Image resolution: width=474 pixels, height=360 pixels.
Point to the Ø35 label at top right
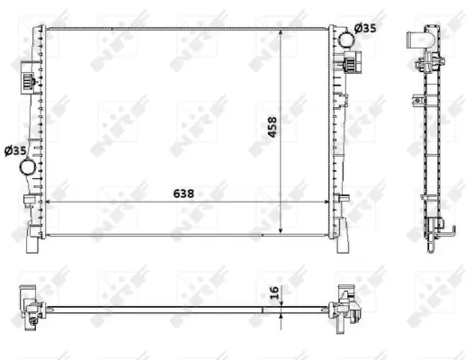pos(365,29)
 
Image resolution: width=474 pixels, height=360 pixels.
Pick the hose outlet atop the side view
pos(416,40)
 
